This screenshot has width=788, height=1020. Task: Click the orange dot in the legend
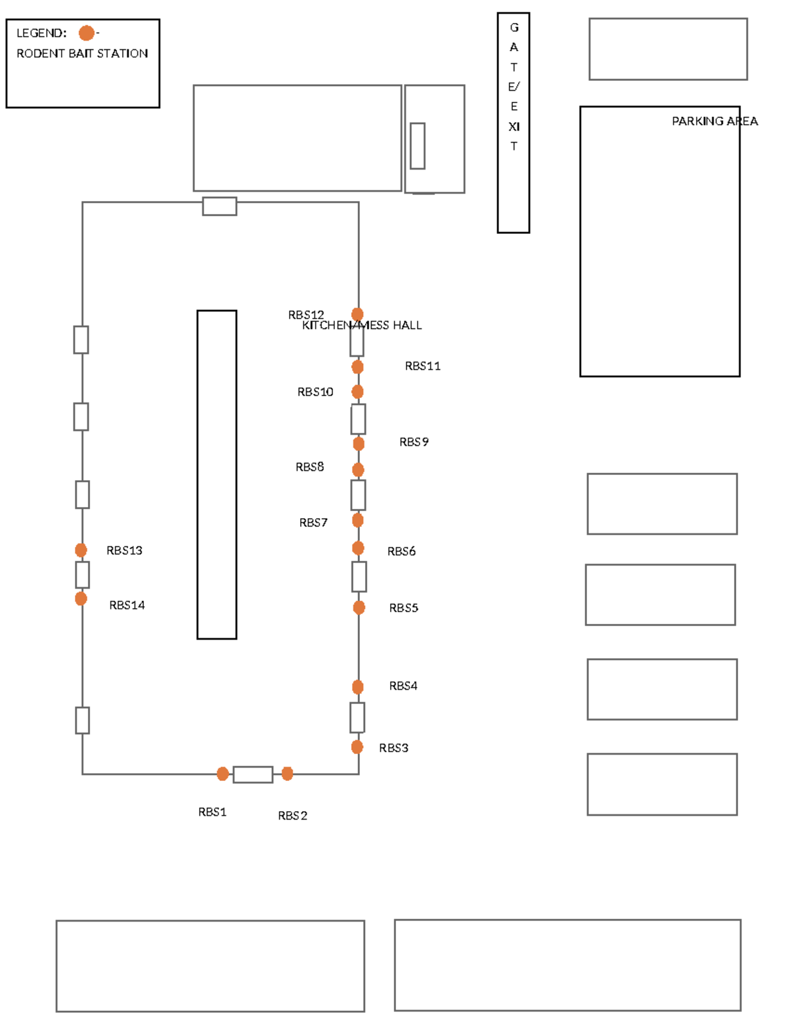(87, 33)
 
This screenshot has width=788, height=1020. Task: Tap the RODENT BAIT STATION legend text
(82, 53)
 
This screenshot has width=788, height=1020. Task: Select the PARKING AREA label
(714, 121)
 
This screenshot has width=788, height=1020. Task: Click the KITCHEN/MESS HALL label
(361, 325)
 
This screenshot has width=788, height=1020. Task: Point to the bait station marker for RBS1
(223, 774)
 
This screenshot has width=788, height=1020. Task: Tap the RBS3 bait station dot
(357, 747)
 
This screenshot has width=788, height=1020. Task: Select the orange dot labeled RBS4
(358, 687)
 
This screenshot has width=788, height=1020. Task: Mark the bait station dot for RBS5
(359, 608)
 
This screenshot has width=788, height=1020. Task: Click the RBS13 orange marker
(81, 550)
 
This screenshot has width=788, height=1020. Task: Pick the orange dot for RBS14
(81, 598)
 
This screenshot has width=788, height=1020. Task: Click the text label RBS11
(422, 366)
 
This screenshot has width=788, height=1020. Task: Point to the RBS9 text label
(414, 442)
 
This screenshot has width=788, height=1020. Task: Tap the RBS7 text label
(313, 522)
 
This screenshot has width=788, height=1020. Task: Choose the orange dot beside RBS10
(358, 391)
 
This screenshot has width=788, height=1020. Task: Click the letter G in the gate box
(514, 28)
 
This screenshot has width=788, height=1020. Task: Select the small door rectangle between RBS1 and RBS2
(253, 774)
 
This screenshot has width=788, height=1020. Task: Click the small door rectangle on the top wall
(219, 206)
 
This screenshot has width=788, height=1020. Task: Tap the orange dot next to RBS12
(357, 314)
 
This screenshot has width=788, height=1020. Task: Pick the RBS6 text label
(401, 551)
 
